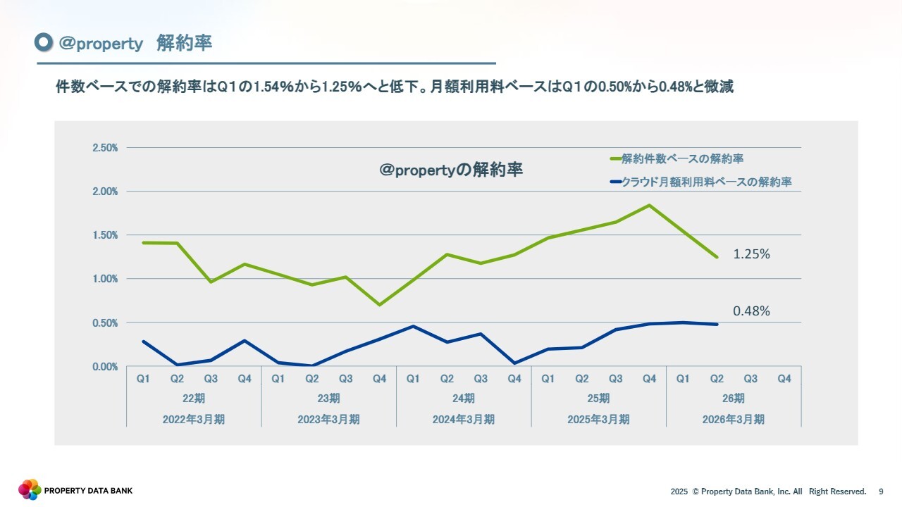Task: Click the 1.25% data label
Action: [751, 254]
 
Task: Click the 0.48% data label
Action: [751, 311]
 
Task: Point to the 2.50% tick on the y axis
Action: [104, 148]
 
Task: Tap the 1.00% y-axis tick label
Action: [104, 279]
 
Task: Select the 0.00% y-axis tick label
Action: [104, 367]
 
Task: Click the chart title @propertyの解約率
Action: [451, 170]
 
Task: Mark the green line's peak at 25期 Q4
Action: [649, 205]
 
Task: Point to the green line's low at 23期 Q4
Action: [380, 305]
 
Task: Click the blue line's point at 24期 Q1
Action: [414, 326]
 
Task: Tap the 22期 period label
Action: [194, 399]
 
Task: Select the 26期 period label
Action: [734, 399]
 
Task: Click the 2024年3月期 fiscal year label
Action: [464, 419]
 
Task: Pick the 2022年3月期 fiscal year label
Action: [194, 419]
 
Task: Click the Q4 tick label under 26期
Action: [784, 379]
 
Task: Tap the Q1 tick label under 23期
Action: [278, 379]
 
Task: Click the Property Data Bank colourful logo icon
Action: [30, 489]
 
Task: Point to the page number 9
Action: [881, 491]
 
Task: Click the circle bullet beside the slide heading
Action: [44, 43]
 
